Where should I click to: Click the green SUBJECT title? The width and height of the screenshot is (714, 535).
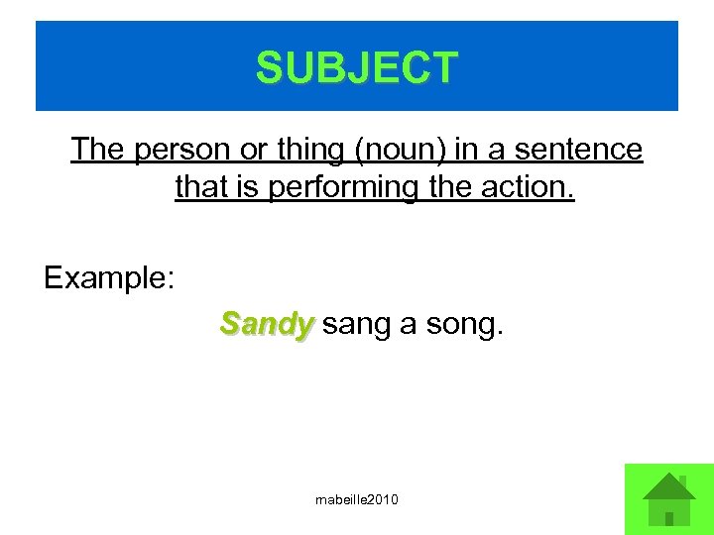[x=357, y=67]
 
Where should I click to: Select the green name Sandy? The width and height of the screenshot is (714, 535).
[x=267, y=323]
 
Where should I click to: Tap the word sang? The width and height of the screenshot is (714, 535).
[x=356, y=324]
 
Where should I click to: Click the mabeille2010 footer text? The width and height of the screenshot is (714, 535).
[x=357, y=499]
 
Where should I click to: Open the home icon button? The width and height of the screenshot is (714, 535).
[x=668, y=498]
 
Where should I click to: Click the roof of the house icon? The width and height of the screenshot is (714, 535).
[x=668, y=485]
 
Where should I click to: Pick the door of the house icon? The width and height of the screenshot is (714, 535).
[x=669, y=516]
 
